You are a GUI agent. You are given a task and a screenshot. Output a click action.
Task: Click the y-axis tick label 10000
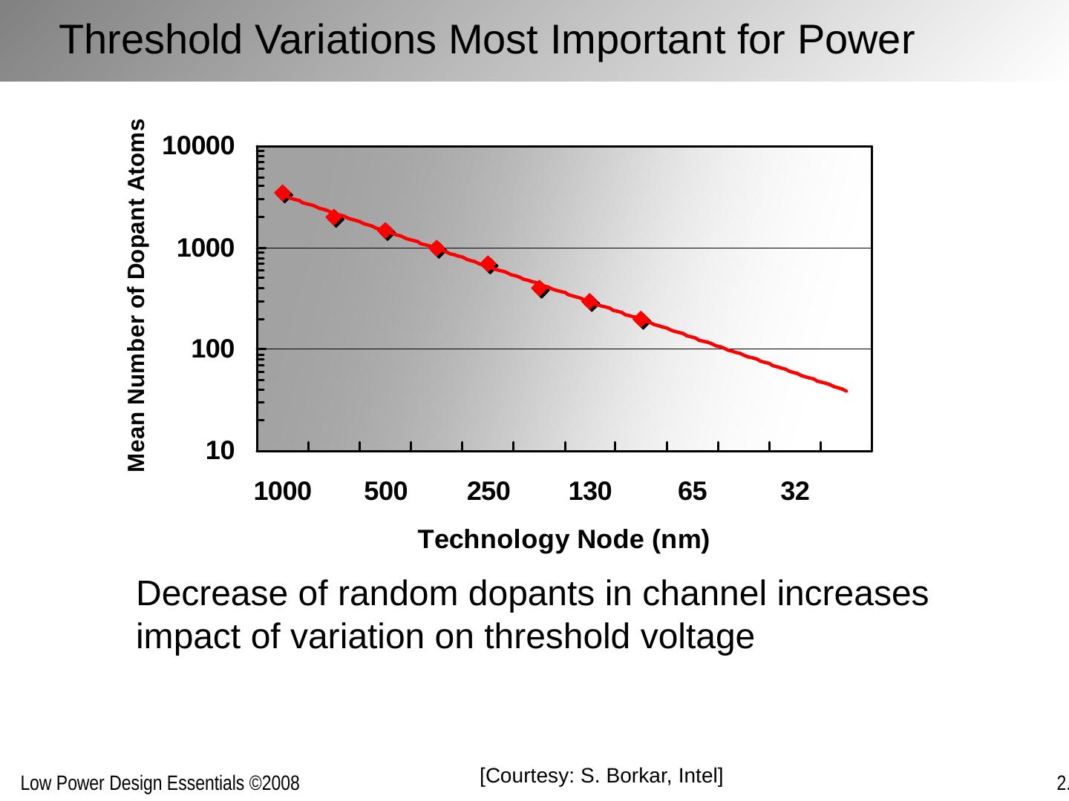pyautogui.click(x=198, y=146)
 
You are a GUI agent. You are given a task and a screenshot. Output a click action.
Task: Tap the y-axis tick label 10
pyautogui.click(x=220, y=450)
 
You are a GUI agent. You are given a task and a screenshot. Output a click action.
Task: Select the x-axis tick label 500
pyautogui.click(x=385, y=491)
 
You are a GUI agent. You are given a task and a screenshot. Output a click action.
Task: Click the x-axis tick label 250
pyautogui.click(x=488, y=491)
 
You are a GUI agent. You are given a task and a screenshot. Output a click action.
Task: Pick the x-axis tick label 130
pyautogui.click(x=590, y=491)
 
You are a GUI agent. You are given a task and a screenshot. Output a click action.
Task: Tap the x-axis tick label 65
pyautogui.click(x=693, y=491)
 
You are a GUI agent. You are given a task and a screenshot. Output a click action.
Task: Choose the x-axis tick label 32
pyautogui.click(x=794, y=491)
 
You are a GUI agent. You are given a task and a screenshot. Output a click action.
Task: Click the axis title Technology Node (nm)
pyautogui.click(x=563, y=539)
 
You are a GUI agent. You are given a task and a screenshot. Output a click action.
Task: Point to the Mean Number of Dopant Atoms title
pyautogui.click(x=137, y=295)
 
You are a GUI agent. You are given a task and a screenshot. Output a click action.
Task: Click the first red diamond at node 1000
pyautogui.click(x=283, y=194)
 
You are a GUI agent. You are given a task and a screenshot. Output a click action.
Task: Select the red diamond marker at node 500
pyautogui.click(x=385, y=231)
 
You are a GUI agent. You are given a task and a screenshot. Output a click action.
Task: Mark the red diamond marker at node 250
pyautogui.click(x=488, y=264)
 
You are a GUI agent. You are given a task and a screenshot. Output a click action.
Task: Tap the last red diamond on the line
pyautogui.click(x=641, y=319)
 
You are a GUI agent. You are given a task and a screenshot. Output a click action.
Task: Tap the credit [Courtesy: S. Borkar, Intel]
pyautogui.click(x=601, y=777)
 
